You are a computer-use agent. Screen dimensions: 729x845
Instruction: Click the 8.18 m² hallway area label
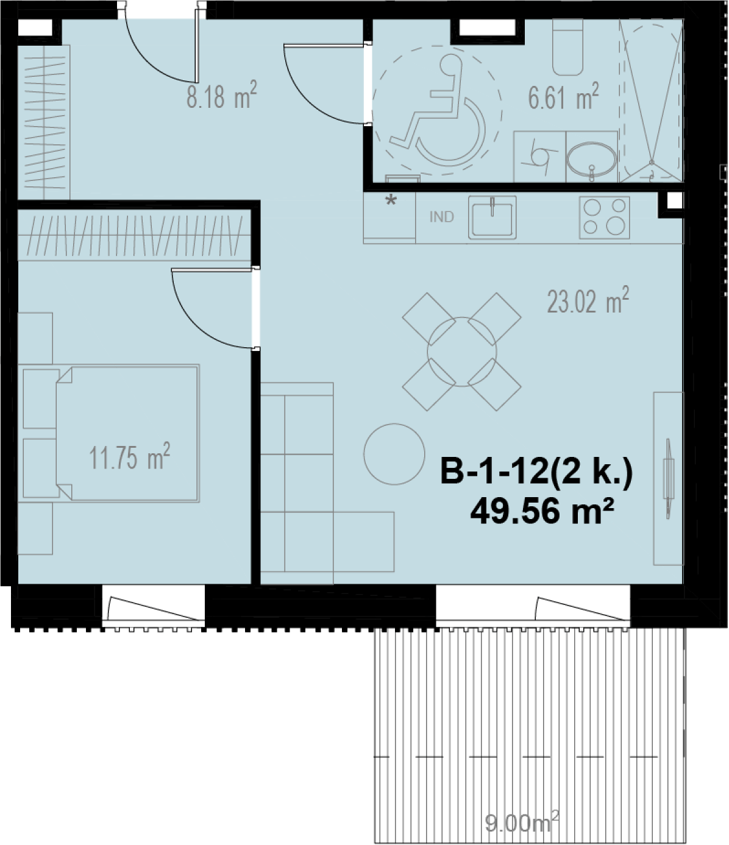[x=222, y=95]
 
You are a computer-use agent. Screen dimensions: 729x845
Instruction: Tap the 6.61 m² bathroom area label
[x=563, y=96]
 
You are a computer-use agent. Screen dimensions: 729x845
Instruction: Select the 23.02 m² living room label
[x=588, y=300]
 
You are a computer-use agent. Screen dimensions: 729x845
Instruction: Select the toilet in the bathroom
[x=568, y=47]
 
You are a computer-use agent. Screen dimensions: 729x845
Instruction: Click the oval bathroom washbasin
[x=591, y=159]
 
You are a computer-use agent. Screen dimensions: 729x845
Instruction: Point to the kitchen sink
[x=492, y=217]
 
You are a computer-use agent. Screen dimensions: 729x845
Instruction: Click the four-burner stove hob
[x=604, y=217]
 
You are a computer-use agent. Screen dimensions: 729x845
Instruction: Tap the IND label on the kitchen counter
[x=442, y=217]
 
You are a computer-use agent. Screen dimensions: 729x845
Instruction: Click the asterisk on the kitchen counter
[x=391, y=200]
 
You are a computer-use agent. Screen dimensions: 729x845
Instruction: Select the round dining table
[x=462, y=352]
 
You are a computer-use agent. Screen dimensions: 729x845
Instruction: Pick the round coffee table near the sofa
[x=394, y=454]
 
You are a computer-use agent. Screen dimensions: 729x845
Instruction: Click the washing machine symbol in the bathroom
[x=539, y=157]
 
